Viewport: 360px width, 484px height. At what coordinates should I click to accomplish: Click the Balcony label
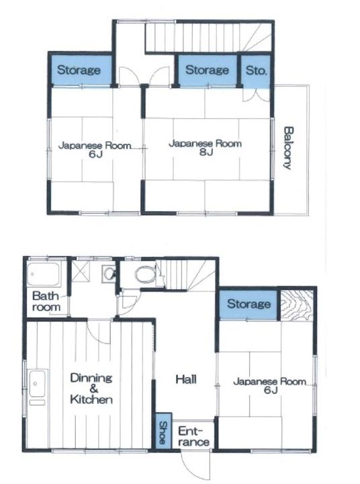coord(288,147)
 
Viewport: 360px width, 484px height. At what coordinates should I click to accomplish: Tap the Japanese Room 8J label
coord(205,147)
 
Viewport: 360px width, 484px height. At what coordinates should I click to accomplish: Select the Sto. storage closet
coord(256,71)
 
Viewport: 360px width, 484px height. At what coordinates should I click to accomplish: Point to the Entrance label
coord(193,436)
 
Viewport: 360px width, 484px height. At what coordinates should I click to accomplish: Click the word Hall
coord(186,379)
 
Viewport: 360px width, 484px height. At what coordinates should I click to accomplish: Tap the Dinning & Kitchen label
coord(91,389)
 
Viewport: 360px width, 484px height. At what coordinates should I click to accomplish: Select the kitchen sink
coord(38,385)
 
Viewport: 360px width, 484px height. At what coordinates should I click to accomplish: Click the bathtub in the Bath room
coord(43,274)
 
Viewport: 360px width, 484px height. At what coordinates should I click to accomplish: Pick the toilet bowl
coord(146,274)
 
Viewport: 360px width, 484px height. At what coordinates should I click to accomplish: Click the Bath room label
coord(46,301)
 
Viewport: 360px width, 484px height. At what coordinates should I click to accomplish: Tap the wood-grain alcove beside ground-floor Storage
coord(297,305)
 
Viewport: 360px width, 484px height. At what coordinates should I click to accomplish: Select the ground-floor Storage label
coord(249,304)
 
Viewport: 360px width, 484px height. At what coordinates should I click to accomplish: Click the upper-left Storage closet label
coord(79,70)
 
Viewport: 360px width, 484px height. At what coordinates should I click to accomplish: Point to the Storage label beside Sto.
coord(207,70)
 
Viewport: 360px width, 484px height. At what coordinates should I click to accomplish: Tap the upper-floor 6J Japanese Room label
coord(95,149)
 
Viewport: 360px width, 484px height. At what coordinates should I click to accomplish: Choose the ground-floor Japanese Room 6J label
coord(269,386)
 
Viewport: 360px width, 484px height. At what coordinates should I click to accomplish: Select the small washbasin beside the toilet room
coord(109,273)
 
